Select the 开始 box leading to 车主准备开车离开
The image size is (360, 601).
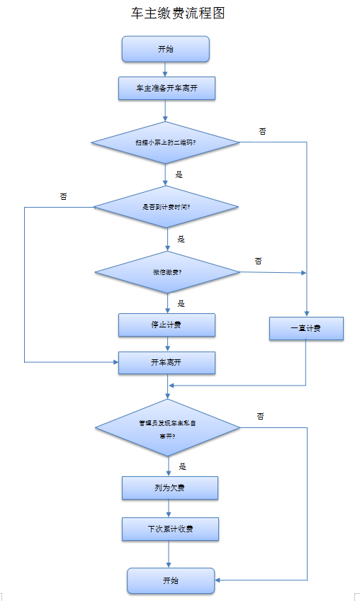pyautogui.click(x=166, y=49)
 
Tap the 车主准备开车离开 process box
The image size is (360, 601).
pyautogui.click(x=166, y=89)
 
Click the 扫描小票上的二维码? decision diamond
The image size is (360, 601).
pyautogui.click(x=166, y=142)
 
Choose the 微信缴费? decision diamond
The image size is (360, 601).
pyautogui.click(x=167, y=272)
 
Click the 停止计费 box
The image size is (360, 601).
pyautogui.click(x=167, y=325)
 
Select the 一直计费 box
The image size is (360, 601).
pyautogui.click(x=306, y=329)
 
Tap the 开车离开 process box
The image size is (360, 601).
pyautogui.click(x=167, y=362)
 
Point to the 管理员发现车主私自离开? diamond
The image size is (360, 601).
pyautogui.click(x=167, y=429)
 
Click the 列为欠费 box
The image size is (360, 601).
pyautogui.click(x=169, y=488)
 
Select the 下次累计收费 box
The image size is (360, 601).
pyautogui.click(x=169, y=529)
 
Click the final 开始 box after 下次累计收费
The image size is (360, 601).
pyautogui.click(x=171, y=580)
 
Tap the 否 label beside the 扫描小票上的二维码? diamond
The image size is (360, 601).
pyautogui.click(x=262, y=131)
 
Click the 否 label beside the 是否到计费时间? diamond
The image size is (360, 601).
pyautogui.click(x=64, y=196)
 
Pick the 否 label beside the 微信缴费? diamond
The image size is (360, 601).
pyautogui.click(x=258, y=261)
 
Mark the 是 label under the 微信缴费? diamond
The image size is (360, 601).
pyautogui.click(x=181, y=303)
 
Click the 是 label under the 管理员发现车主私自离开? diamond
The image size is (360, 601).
pyautogui.click(x=183, y=466)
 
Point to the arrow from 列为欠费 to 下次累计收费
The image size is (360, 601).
pyautogui.click(x=169, y=508)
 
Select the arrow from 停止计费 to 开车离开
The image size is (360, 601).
pyautogui.click(x=167, y=344)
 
